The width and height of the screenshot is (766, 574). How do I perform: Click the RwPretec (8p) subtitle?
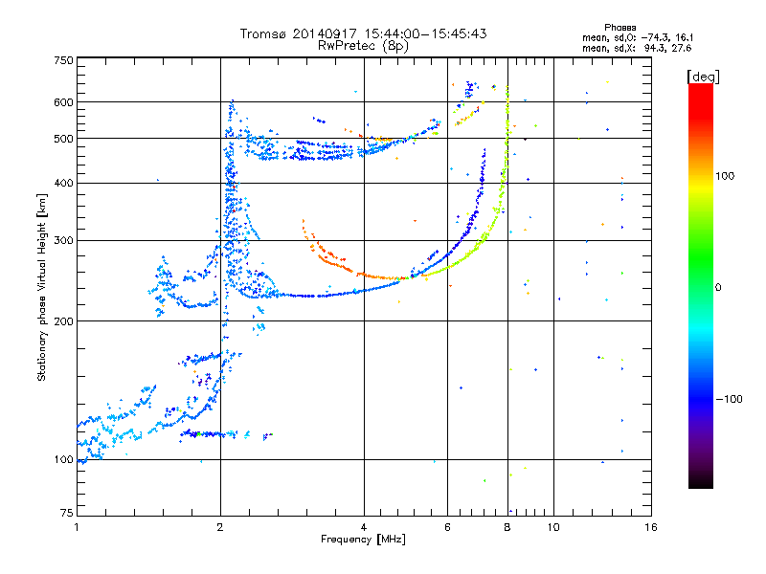(363, 46)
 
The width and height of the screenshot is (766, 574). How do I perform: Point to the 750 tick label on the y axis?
(63, 60)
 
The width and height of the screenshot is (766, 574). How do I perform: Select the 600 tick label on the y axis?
(63, 102)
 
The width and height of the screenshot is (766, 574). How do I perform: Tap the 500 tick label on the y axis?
(63, 139)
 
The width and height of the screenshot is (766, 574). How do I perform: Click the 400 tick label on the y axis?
(63, 183)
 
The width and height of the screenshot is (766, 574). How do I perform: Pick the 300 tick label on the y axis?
(63, 241)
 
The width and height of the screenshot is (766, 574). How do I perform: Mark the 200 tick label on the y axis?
(63, 321)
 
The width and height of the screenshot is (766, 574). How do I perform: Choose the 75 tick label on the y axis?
(67, 513)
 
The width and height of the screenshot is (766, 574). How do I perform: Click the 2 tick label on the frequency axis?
(220, 527)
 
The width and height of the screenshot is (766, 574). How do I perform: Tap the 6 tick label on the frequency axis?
(447, 527)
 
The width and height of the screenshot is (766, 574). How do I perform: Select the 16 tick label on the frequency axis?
(651, 527)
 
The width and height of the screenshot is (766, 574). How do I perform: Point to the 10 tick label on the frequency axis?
(553, 527)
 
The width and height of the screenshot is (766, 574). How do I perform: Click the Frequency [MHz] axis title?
(363, 540)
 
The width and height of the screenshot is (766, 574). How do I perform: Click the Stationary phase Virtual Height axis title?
(41, 288)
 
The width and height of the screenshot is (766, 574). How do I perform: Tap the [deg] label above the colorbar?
(703, 77)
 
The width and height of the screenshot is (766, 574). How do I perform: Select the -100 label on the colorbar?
(729, 399)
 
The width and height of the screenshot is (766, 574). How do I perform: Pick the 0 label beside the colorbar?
(718, 288)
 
